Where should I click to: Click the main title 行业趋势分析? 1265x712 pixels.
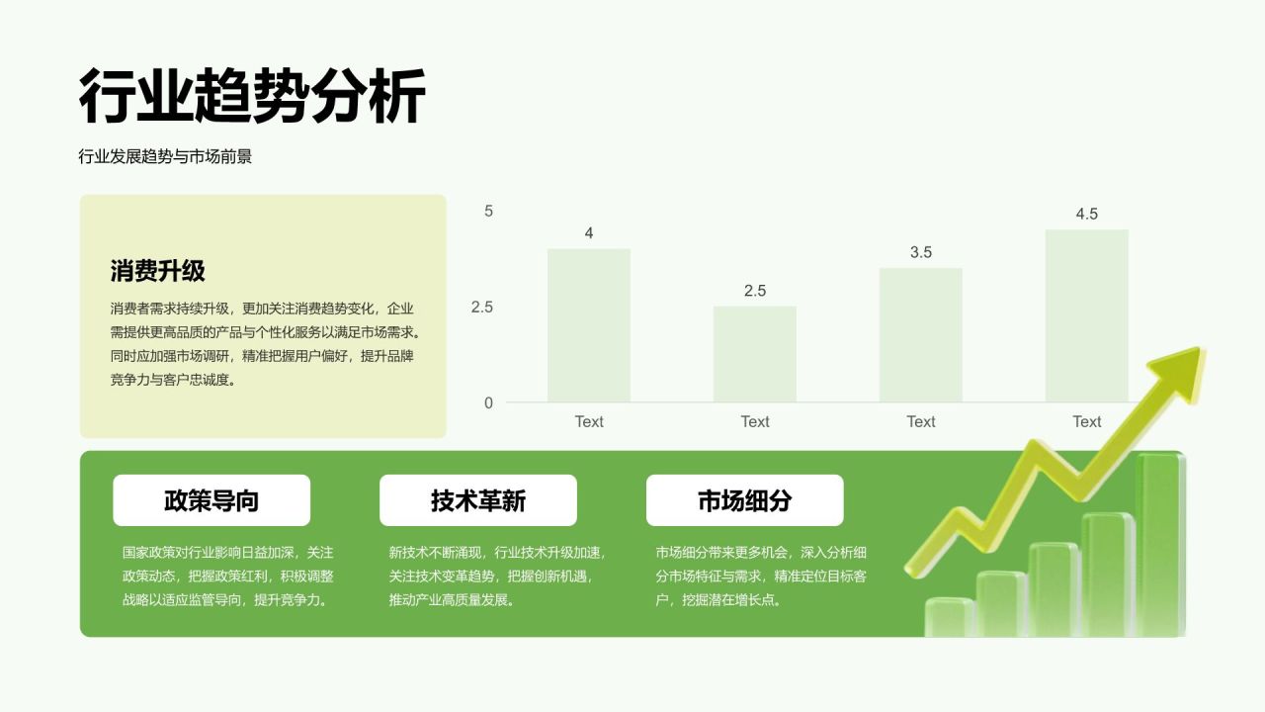(x=252, y=97)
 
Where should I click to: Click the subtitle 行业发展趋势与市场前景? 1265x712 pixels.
(x=165, y=156)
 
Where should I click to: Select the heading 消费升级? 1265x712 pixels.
(x=157, y=271)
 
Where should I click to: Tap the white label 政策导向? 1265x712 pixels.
(x=211, y=500)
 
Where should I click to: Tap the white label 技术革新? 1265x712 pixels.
(x=477, y=500)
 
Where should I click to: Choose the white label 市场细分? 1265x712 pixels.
(x=744, y=500)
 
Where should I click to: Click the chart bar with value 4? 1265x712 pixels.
(x=588, y=325)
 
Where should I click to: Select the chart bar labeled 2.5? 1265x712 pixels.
(x=754, y=354)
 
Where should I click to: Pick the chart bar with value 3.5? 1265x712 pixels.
(x=920, y=335)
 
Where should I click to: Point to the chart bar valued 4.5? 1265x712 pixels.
(x=1086, y=315)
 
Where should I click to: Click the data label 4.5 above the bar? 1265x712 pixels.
(x=1086, y=214)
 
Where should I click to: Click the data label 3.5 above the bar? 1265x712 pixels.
(x=920, y=252)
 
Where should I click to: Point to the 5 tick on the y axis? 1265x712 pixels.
(x=488, y=211)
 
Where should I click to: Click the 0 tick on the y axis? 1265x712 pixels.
(x=488, y=402)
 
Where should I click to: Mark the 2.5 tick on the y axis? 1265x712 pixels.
(x=481, y=307)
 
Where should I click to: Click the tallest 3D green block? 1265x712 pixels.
(x=1158, y=544)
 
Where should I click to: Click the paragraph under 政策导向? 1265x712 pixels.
(x=227, y=576)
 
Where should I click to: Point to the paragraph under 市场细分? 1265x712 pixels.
(x=761, y=576)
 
